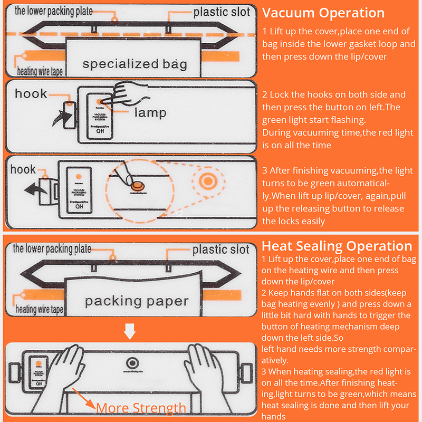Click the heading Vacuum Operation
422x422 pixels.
(323, 13)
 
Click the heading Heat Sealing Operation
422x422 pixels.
(337, 246)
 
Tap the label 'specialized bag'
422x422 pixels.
(135, 64)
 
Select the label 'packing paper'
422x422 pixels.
(137, 302)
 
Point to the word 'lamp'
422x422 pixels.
(150, 112)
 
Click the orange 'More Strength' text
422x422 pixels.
(141, 408)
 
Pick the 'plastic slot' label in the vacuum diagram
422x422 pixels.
(222, 12)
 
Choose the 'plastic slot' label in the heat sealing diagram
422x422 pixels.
(220, 249)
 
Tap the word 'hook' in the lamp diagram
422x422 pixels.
(31, 94)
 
